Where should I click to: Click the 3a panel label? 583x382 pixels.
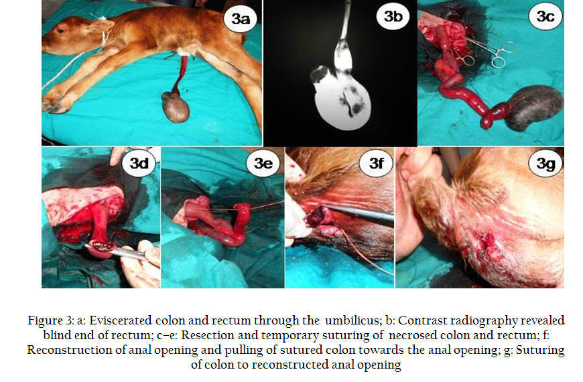[x=241, y=19]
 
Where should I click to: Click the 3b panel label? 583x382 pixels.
[x=393, y=16]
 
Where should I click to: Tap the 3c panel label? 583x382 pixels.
[x=545, y=16]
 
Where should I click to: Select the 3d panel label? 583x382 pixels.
[x=139, y=163]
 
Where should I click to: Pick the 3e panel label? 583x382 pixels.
[x=263, y=163]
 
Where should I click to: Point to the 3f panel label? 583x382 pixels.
[x=376, y=163]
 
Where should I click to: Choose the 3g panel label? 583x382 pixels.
[x=545, y=163]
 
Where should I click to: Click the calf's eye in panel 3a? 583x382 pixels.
[x=60, y=31]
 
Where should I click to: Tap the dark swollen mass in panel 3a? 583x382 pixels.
[x=176, y=107]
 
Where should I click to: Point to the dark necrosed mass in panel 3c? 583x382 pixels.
[x=534, y=107]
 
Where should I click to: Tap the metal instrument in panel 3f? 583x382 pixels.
[x=357, y=212]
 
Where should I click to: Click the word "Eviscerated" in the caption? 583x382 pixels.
[x=121, y=320]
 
